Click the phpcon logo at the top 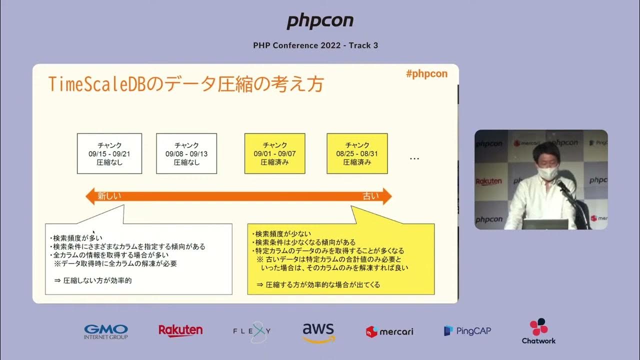pyautogui.click(x=320, y=21)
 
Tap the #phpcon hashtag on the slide pyautogui.click(x=426, y=74)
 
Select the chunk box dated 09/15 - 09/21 pyautogui.click(x=109, y=153)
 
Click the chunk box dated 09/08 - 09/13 pyautogui.click(x=186, y=153)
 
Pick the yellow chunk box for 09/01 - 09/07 pyautogui.click(x=274, y=153)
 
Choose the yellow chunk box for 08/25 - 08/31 pyautogui.click(x=357, y=153)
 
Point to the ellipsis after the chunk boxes pyautogui.click(x=414, y=158)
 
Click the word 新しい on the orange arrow pyautogui.click(x=109, y=196)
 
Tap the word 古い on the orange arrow pyautogui.click(x=370, y=196)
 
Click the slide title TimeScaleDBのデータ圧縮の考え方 pyautogui.click(x=186, y=84)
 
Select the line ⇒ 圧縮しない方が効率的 pyautogui.click(x=93, y=280)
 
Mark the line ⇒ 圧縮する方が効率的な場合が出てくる pyautogui.click(x=318, y=284)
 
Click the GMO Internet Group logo pyautogui.click(x=106, y=331)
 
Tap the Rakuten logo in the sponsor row pyautogui.click(x=180, y=330)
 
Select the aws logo pyautogui.click(x=318, y=332)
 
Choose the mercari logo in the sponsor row pyautogui.click(x=389, y=331)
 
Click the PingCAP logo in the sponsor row pyautogui.click(x=467, y=330)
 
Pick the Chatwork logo pyautogui.click(x=538, y=331)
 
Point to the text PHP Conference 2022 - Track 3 pyautogui.click(x=315, y=45)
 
